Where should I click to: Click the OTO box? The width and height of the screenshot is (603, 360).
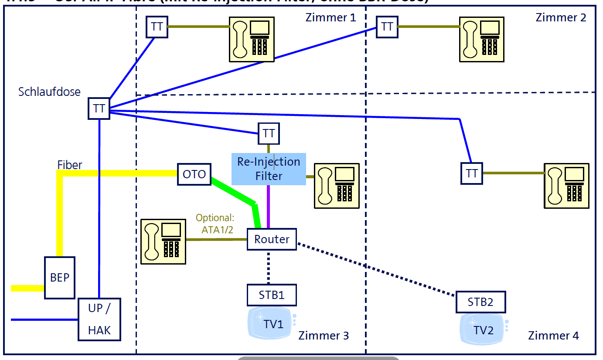point(194,174)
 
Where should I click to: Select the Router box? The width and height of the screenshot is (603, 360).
point(272,239)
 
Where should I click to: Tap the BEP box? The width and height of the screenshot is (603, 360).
point(60,278)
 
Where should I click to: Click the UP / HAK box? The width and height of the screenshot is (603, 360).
point(99,319)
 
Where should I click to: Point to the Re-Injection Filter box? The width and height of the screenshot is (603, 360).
point(269,169)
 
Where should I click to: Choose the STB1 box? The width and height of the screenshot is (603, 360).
point(272,295)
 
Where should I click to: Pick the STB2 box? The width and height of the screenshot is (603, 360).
point(480,302)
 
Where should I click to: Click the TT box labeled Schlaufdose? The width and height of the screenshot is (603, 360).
point(99,108)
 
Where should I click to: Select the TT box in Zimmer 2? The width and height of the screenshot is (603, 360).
point(387,27)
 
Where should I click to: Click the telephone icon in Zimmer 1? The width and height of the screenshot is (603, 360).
point(252,39)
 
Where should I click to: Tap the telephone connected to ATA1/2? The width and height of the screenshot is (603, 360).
point(164,241)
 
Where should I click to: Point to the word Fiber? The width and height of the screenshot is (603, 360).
point(70,165)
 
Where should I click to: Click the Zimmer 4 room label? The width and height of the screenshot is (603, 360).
point(553,336)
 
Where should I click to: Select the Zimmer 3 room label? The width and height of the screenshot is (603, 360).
point(324,336)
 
